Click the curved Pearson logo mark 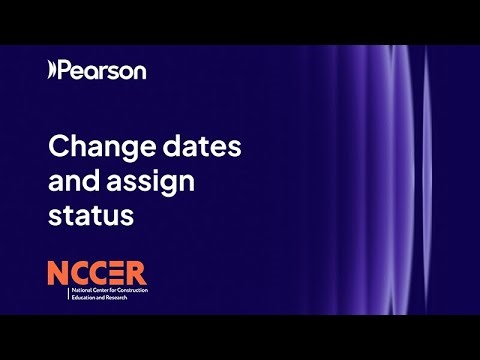(x=52, y=70)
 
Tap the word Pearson (x=102, y=70)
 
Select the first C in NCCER (x=81, y=271)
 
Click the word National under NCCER (x=81, y=290)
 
